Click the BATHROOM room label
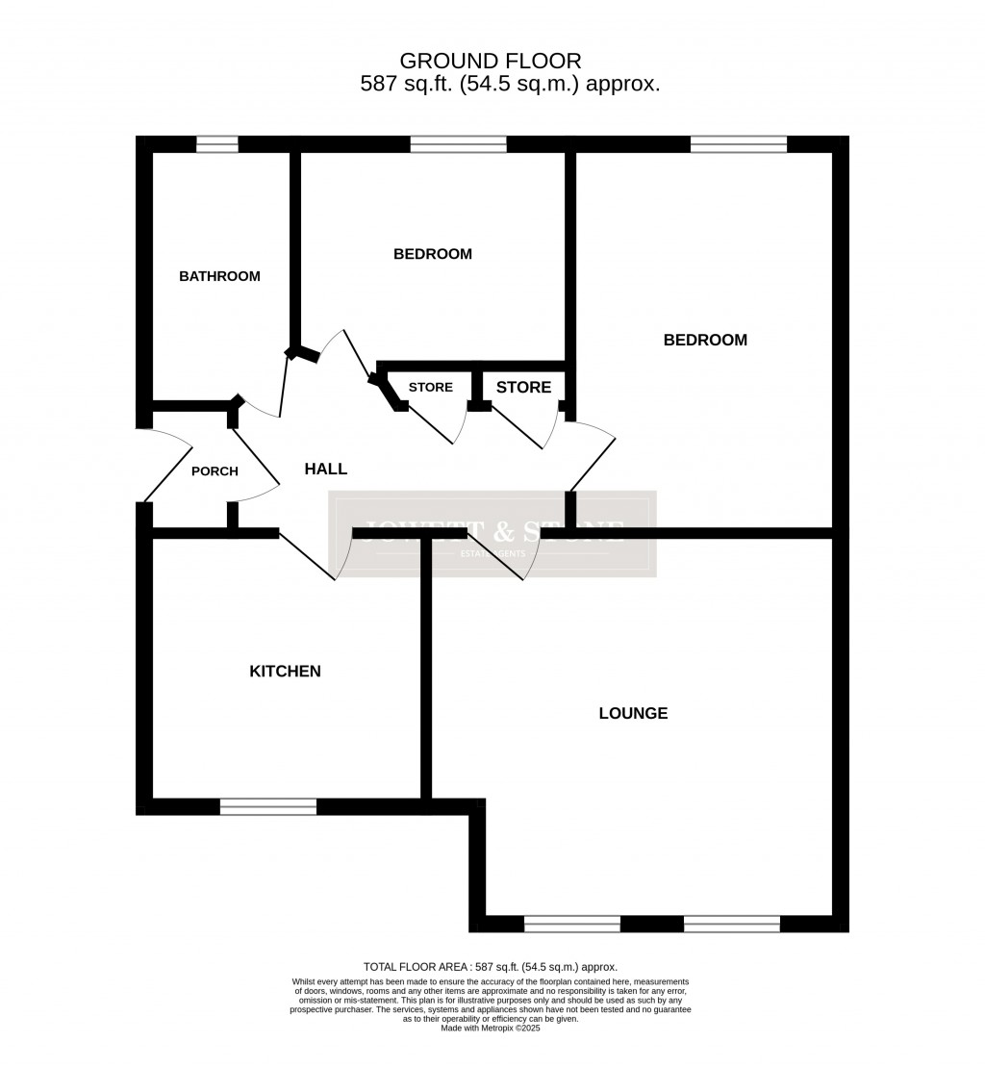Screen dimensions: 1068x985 [x=219, y=276]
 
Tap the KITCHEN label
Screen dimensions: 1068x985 [x=285, y=672]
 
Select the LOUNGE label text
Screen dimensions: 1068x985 [x=633, y=714]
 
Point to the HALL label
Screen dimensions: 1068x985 [x=326, y=470]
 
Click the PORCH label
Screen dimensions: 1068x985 [x=215, y=471]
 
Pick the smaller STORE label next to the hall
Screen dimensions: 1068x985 [x=430, y=388]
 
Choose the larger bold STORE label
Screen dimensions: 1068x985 [x=523, y=388]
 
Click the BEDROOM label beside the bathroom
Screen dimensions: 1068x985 [x=433, y=254]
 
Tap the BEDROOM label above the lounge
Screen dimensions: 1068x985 [x=705, y=341]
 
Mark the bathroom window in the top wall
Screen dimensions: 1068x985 [x=217, y=145]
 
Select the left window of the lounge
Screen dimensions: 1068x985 [x=572, y=925]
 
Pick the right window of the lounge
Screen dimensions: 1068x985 [x=732, y=925]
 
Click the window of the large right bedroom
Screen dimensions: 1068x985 [x=739, y=145]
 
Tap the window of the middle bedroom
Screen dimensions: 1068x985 [x=458, y=145]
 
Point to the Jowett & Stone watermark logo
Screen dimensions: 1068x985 [x=492, y=534]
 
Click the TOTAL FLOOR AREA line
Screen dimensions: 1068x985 [x=490, y=967]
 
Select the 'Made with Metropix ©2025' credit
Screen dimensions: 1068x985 [x=491, y=1028]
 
